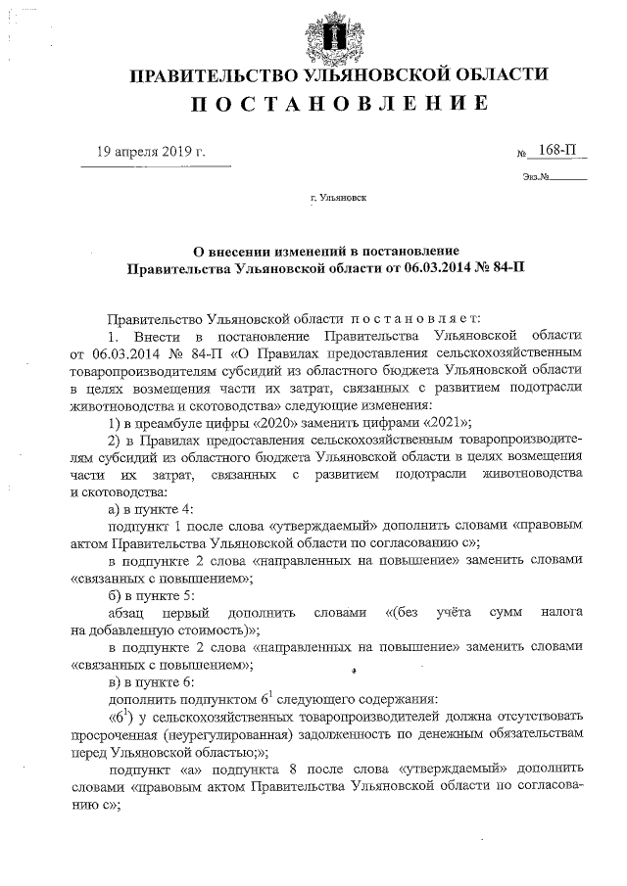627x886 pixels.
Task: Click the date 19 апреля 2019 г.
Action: (x=151, y=151)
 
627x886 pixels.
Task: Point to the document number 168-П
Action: (x=556, y=151)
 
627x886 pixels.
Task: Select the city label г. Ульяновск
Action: (x=338, y=198)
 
